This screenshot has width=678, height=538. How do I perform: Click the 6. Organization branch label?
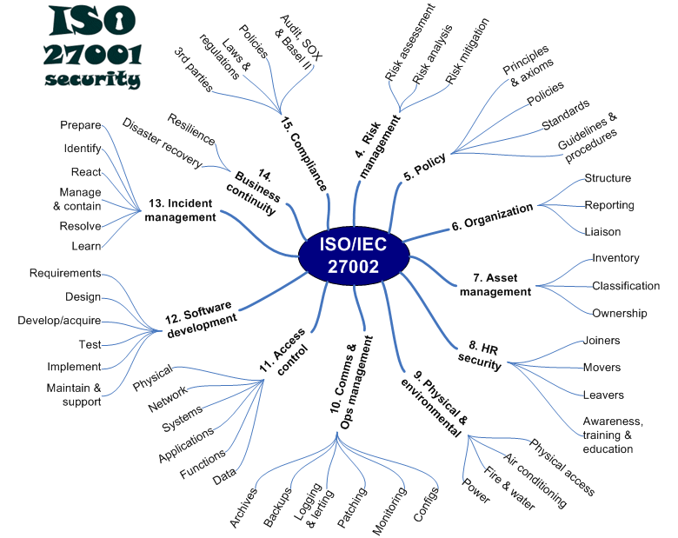pyautogui.click(x=492, y=216)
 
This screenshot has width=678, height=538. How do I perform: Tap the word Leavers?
pyautogui.click(x=603, y=395)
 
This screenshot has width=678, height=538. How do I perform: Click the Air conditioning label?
pyautogui.click(x=535, y=480)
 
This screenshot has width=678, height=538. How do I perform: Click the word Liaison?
pyautogui.click(x=602, y=231)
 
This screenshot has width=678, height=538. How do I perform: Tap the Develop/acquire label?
pyautogui.click(x=59, y=321)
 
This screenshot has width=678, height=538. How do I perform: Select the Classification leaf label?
pyautogui.click(x=626, y=285)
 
